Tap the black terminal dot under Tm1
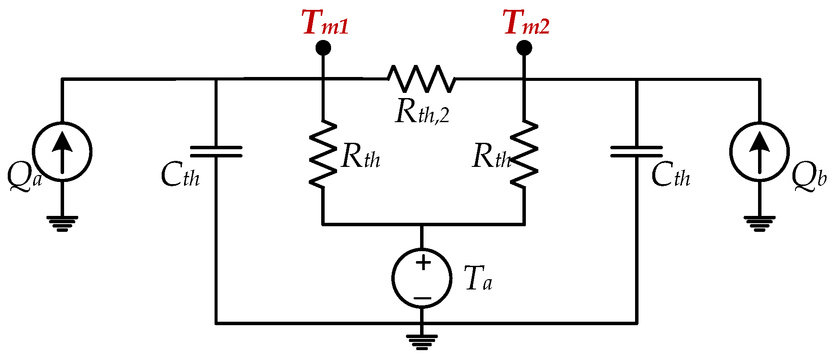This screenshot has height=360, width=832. [323, 48]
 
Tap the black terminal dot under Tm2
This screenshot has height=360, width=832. [524, 48]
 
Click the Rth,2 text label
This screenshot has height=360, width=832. [422, 113]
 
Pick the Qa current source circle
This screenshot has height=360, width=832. [62, 152]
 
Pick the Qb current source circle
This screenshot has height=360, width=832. [759, 152]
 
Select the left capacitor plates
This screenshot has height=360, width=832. [216, 152]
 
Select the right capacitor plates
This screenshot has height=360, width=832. [636, 152]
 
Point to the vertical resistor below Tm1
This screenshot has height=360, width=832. [323, 154]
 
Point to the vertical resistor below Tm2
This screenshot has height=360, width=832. [524, 154]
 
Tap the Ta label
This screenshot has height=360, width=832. [478, 279]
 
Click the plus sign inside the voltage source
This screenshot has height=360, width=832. [423, 262]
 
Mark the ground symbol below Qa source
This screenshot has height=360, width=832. [62, 224]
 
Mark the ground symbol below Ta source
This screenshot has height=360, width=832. [422, 342]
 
